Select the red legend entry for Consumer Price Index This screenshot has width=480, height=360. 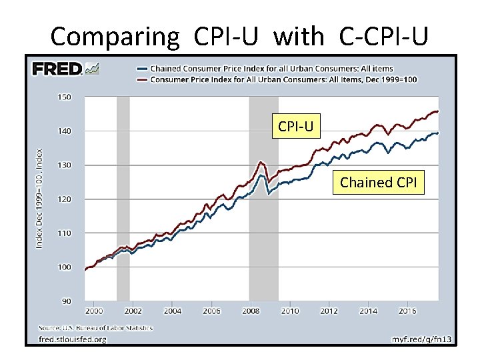[283, 80]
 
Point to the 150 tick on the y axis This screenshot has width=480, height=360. [64, 97]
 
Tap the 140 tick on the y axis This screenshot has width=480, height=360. [64, 131]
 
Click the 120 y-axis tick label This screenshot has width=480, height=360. [64, 199]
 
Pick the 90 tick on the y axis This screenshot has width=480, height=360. [66, 301]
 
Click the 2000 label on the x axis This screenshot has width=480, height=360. [93, 311]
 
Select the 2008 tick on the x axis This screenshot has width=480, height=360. [251, 311]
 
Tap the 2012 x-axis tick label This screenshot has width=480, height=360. [329, 311]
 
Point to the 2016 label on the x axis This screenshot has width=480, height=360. [407, 311]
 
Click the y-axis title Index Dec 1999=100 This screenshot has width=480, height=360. [40, 199]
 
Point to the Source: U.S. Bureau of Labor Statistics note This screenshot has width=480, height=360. [95, 328]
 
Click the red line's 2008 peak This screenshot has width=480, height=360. [261, 162]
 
